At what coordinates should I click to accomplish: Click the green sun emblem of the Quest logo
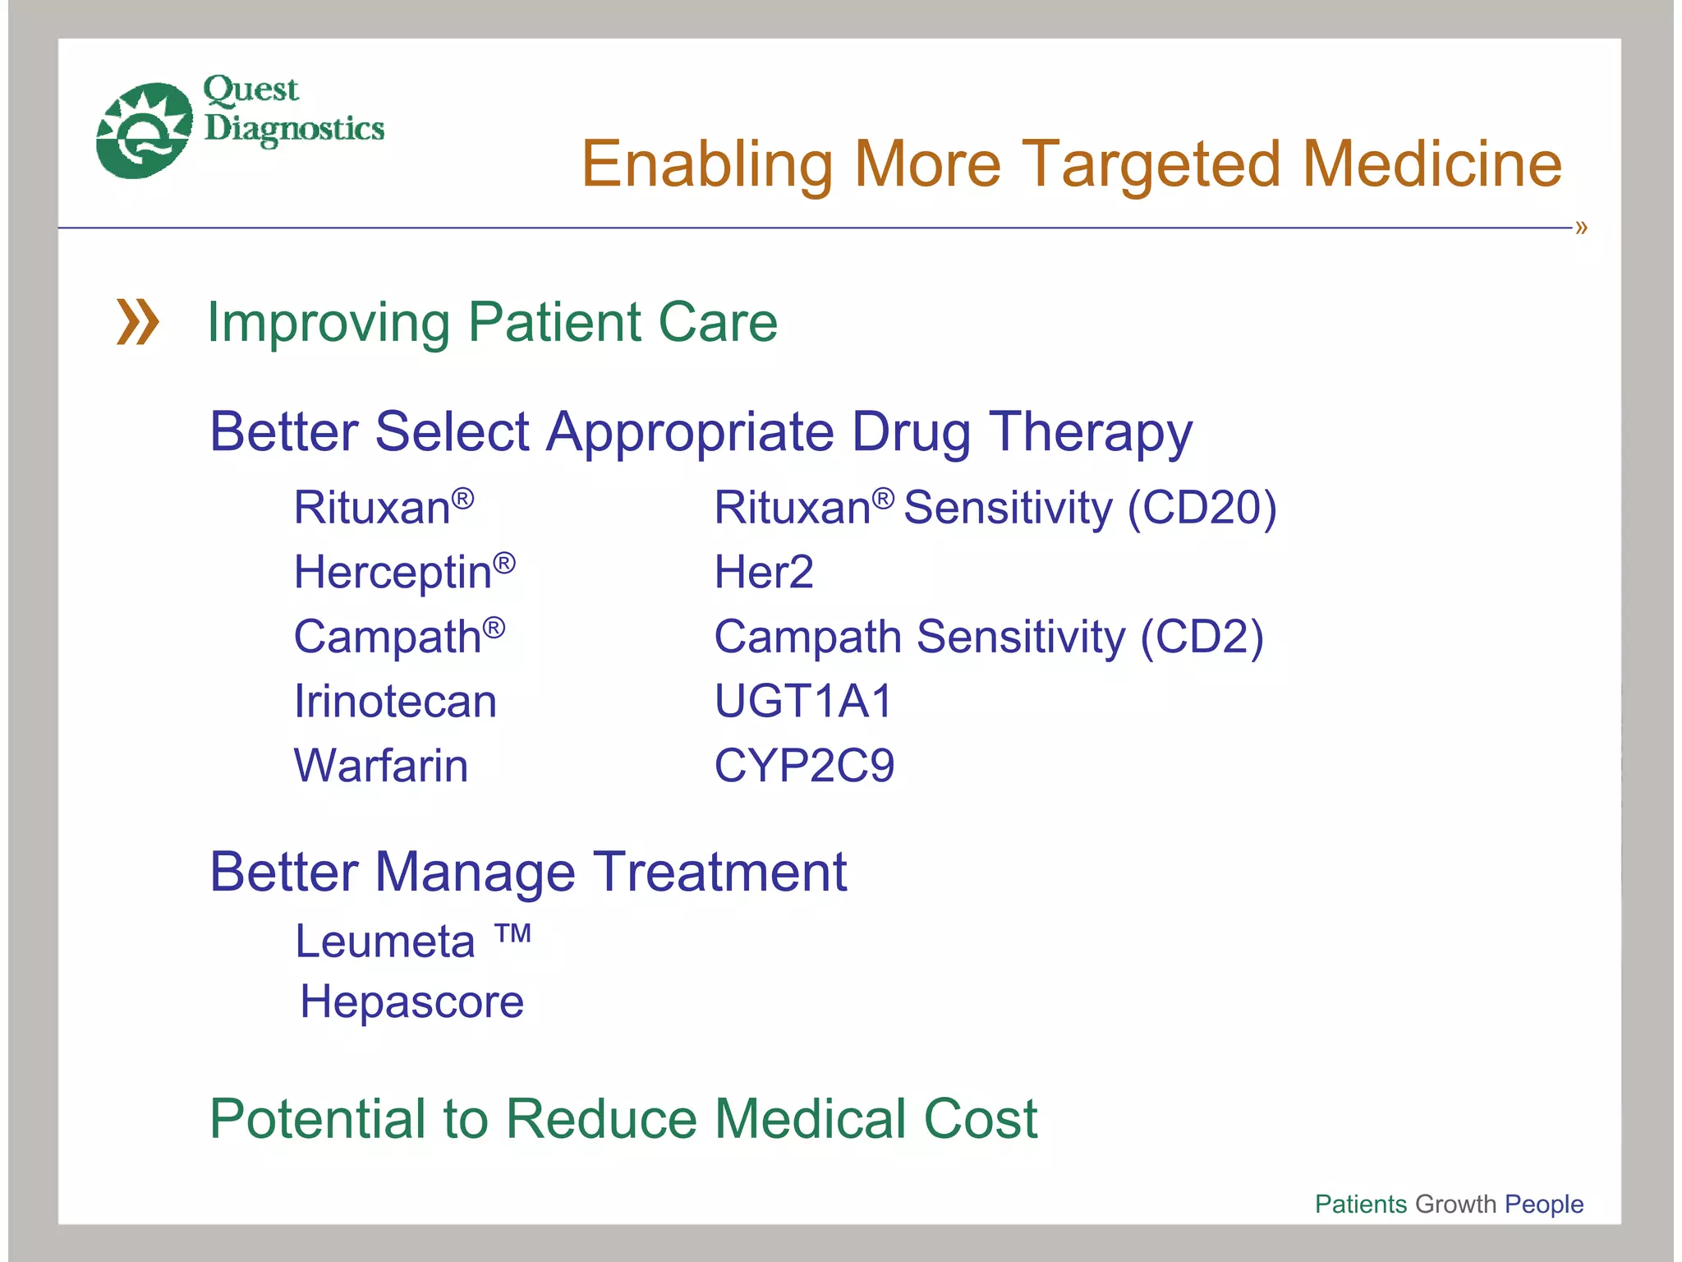pos(143,130)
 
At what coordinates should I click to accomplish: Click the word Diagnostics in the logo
pos(294,129)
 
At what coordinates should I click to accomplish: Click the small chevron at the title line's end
pos(1581,228)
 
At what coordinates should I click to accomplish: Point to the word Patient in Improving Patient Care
pos(554,322)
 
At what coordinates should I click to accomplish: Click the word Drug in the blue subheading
pos(911,433)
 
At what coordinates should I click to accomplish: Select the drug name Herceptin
pos(393,572)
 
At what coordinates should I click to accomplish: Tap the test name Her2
pos(763,572)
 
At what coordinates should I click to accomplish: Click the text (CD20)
pos(1202,508)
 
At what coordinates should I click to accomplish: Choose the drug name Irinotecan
pos(395,702)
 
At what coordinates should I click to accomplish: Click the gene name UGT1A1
pos(802,702)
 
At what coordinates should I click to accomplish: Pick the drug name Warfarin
pos(381,766)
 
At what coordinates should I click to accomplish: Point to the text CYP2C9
pos(803,766)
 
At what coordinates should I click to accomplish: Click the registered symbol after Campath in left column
pos(494,629)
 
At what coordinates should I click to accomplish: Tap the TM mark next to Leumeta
pos(513,933)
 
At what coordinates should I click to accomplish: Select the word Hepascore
pos(411,1002)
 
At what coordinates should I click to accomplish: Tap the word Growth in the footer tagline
pos(1455,1204)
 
